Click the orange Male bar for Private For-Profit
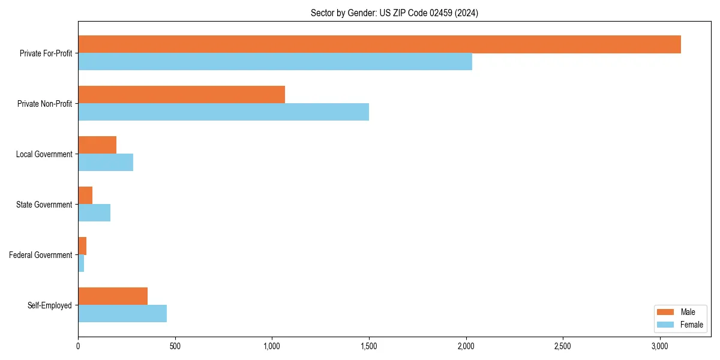coord(379,44)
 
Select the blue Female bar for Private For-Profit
coord(275,62)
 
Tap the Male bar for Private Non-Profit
coord(181,95)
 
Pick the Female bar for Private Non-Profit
coord(223,112)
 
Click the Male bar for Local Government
coord(97,145)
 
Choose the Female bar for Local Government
coord(106,163)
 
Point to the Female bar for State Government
coord(94,213)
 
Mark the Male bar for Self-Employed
coord(113,296)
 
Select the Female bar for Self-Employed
coord(122,314)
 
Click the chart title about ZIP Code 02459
coord(394,13)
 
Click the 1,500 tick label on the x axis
coord(369,346)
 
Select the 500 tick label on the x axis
coord(175,346)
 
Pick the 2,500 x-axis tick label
coord(563,346)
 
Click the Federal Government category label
coord(41,255)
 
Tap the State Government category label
coord(44,205)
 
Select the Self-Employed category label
coord(50,305)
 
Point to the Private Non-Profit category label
coord(44,104)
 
